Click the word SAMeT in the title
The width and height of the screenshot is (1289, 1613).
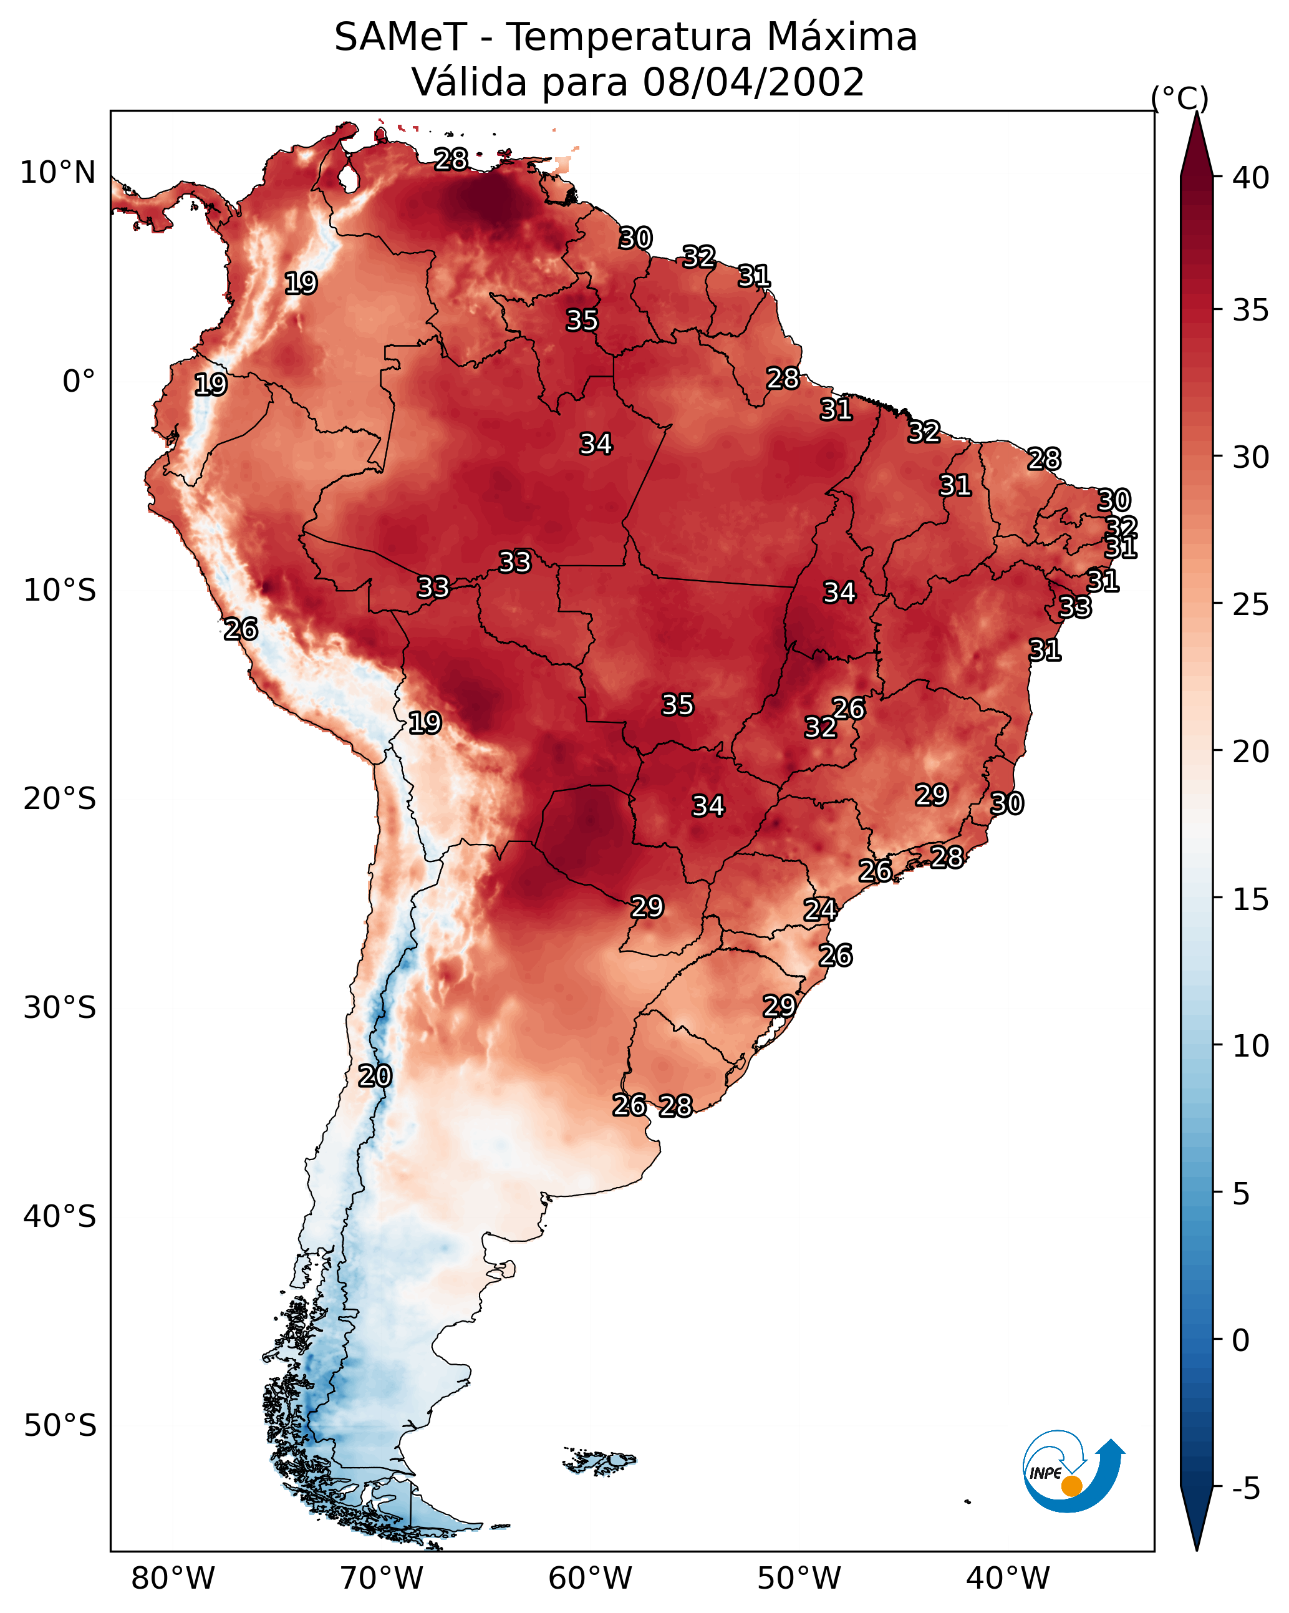[x=400, y=37]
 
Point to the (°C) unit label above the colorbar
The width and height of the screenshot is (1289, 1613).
[x=1179, y=98]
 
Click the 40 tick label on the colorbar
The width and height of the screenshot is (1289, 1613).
[x=1250, y=178]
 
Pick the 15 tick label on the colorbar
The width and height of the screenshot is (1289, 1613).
[x=1250, y=900]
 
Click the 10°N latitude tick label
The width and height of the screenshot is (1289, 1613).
[x=57, y=173]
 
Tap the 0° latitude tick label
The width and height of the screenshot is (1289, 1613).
[x=79, y=382]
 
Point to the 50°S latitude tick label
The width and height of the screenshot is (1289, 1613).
[x=60, y=1426]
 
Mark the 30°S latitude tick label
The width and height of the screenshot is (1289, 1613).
[x=60, y=1008]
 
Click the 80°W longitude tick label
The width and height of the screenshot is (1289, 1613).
[x=173, y=1579]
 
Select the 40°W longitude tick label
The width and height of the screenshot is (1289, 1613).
[x=1008, y=1579]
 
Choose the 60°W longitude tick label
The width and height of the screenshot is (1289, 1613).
[x=591, y=1579]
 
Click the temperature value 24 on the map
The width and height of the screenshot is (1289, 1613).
[x=819, y=910]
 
